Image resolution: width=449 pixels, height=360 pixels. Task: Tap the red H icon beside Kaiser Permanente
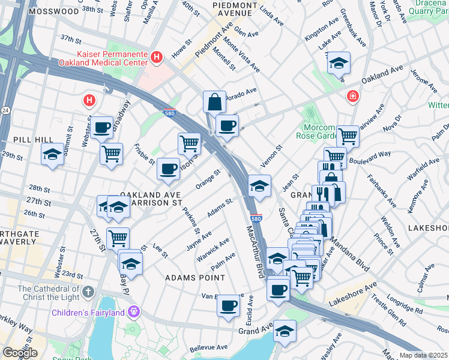click(157, 57)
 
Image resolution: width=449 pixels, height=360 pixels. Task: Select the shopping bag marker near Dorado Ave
click(214, 103)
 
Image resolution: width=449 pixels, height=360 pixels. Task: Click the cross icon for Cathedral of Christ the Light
click(88, 292)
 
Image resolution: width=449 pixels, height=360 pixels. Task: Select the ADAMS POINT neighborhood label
click(195, 278)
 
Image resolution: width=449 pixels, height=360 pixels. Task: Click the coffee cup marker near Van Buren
click(228, 305)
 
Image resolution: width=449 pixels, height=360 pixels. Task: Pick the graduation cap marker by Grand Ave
click(286, 331)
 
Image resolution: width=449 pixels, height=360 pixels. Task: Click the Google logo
click(20, 353)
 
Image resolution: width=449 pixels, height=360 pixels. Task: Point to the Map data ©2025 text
click(423, 355)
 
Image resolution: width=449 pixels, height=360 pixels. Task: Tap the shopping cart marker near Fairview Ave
click(348, 136)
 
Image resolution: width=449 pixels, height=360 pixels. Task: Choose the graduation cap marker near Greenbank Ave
click(339, 62)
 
